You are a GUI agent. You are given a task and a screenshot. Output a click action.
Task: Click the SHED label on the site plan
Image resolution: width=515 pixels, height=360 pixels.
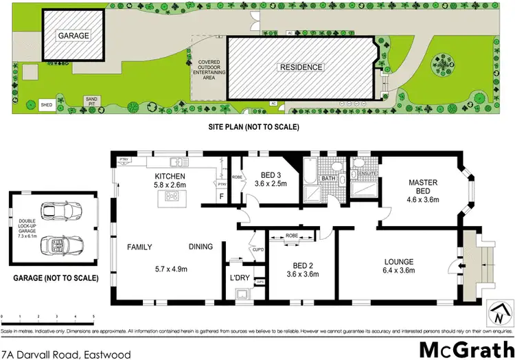[47, 104]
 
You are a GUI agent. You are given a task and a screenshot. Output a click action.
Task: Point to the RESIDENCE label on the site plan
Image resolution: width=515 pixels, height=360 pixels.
[300, 67]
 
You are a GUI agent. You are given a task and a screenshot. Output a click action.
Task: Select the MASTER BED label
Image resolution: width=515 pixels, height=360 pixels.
[423, 187]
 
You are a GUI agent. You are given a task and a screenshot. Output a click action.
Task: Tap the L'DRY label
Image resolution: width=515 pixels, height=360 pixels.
[240, 279]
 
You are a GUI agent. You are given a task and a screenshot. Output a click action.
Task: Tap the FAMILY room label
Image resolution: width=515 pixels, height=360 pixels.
[139, 247]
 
